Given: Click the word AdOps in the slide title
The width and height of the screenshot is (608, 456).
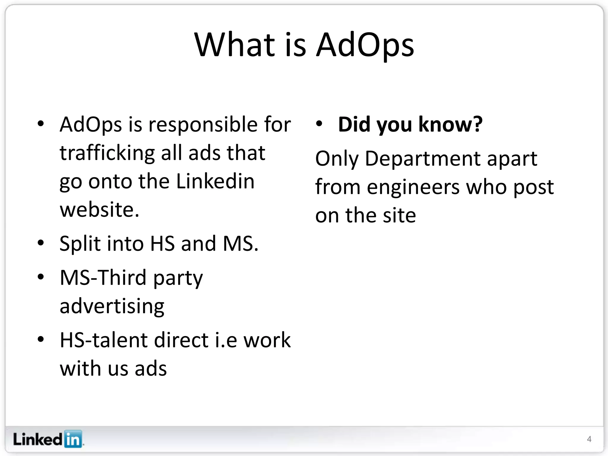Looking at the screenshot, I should pos(365,45).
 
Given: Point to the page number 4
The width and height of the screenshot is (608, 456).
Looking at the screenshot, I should pos(589,439).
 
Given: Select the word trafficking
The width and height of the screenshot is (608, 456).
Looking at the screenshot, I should pos(107,153).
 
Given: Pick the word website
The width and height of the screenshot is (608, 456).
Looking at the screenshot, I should pos(99,210).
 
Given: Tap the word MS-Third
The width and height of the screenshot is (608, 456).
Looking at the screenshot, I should pos(103,278).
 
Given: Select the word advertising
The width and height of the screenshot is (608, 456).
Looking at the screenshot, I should pos(112,306).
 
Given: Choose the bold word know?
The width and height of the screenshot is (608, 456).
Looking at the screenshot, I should pos(450,124).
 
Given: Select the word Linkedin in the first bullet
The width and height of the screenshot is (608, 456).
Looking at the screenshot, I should pos(215,181).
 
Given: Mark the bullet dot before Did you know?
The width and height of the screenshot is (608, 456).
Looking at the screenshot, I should pos(319,124).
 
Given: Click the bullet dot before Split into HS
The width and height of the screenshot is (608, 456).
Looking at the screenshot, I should pos(41,243).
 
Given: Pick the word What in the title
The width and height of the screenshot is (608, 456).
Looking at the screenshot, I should pos(235,45).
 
